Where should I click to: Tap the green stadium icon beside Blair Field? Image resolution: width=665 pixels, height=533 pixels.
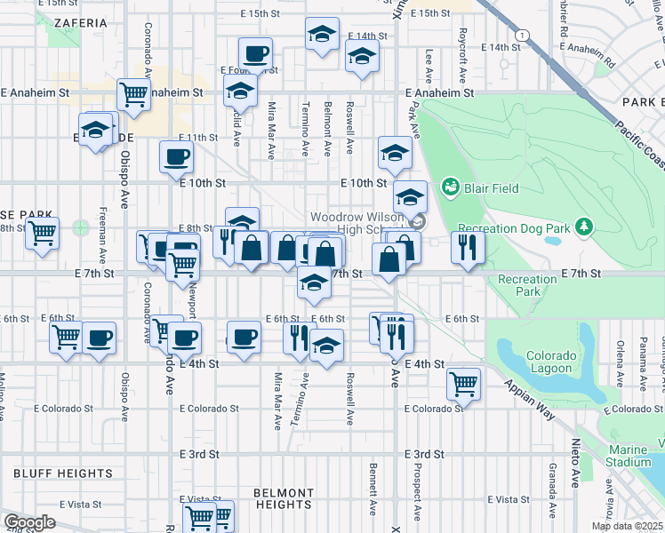pos(452,187)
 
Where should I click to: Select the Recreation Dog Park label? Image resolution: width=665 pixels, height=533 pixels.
pos(513,229)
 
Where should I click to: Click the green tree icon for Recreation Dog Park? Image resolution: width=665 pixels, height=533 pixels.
pos(583,228)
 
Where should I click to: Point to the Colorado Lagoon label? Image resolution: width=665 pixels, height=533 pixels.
pos(551,362)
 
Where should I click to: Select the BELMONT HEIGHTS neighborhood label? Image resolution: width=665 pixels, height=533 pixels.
pos(284,498)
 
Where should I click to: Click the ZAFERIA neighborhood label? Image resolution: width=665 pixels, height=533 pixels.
pos(78,22)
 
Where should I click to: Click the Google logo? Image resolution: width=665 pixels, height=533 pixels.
pos(28,522)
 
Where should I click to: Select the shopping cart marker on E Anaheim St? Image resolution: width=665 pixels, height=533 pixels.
pos(133,91)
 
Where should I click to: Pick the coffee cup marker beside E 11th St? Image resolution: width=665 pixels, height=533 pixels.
pos(176,156)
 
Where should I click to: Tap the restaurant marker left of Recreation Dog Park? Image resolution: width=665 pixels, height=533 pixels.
pos(465,244)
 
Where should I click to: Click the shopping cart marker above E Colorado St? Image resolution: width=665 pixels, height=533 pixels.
pos(463,383)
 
